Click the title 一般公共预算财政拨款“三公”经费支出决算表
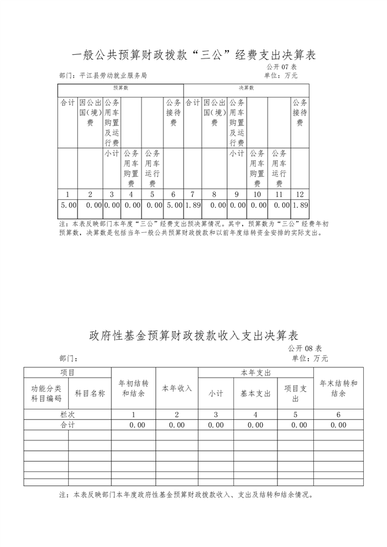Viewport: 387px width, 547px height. tap(193, 55)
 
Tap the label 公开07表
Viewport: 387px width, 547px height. tap(281, 66)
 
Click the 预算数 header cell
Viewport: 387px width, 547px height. tap(120, 88)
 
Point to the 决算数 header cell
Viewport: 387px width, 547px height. tap(246, 88)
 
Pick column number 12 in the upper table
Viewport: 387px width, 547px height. tap(299, 194)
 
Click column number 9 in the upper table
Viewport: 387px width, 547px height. tap(236, 194)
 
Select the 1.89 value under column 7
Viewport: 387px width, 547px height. tap(193, 206)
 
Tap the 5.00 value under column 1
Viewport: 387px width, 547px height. tap(68, 206)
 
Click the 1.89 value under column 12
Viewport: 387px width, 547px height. tap(299, 206)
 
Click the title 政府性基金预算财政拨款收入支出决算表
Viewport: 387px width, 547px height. tap(193, 336)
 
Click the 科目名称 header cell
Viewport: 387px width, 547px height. tap(90, 393)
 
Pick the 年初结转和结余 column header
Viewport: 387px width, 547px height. tap(133, 389)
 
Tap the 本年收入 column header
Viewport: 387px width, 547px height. tap(177, 389)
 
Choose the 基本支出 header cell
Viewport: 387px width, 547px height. tap(255, 393)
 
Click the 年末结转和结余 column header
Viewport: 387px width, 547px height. tap(338, 389)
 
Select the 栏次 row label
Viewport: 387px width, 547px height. tap(67, 414)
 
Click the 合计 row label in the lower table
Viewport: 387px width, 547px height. tap(67, 425)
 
